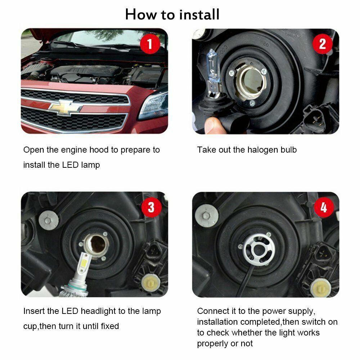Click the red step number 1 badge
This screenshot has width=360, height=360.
pyautogui.click(x=150, y=44)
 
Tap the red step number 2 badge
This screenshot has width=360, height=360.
pyautogui.click(x=323, y=44)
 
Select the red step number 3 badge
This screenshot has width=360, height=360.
pyautogui.click(x=151, y=207)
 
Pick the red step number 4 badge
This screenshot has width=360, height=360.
pyautogui.click(x=324, y=207)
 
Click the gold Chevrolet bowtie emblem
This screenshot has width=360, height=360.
pyautogui.click(x=65, y=107)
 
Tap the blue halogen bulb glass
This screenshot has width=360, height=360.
pyautogui.click(x=213, y=66)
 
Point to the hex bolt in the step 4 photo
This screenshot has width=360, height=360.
pyautogui.click(x=206, y=216)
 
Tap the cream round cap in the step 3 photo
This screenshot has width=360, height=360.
pyautogui.click(x=149, y=282)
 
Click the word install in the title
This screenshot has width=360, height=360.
pyautogui.click(x=199, y=14)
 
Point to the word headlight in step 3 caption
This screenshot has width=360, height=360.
pyautogui.click(x=98, y=311)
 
